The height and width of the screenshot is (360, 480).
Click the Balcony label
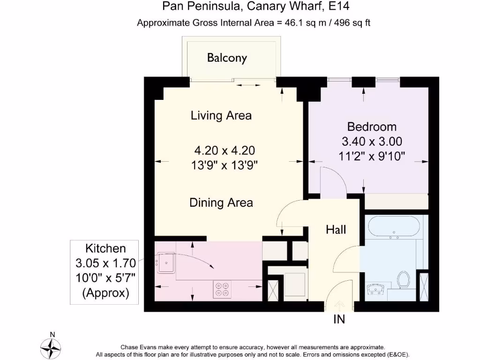pyautogui.click(x=227, y=58)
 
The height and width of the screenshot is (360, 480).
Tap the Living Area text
pyautogui.click(x=221, y=115)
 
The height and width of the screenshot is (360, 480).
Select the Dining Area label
pyautogui.click(x=221, y=202)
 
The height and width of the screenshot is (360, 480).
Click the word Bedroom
pyautogui.click(x=372, y=127)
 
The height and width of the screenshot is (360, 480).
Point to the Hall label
pyautogui.click(x=336, y=230)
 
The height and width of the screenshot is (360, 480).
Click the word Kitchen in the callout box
pyautogui.click(x=105, y=248)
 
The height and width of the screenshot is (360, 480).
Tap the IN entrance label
pyautogui.click(x=339, y=319)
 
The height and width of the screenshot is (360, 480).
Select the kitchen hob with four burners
pyautogui.click(x=222, y=290)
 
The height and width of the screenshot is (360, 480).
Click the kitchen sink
pyautogui.click(x=166, y=262)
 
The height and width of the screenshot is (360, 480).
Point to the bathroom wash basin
pyautogui.click(x=375, y=289)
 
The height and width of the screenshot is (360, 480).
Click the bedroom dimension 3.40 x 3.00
pyautogui.click(x=372, y=142)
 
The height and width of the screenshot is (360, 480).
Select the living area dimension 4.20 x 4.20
pyautogui.click(x=225, y=150)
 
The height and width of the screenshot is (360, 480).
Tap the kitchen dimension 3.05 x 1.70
pyautogui.click(x=105, y=263)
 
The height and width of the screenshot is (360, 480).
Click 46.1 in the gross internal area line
pyautogui.click(x=294, y=22)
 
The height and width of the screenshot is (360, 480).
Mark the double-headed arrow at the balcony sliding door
pyautogui.click(x=248, y=85)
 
